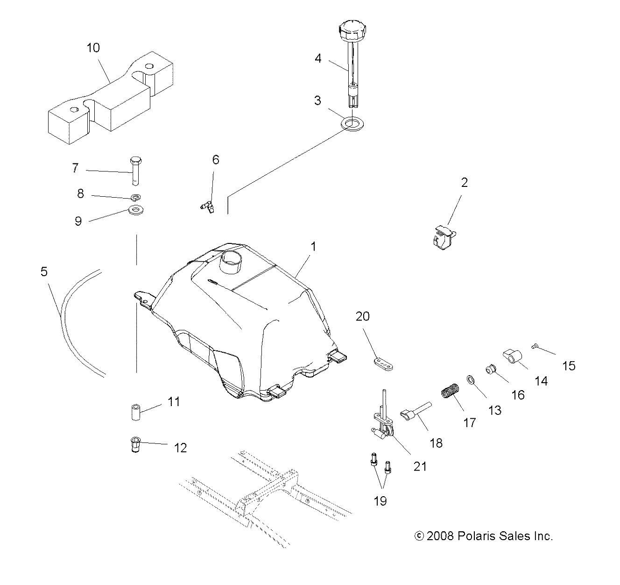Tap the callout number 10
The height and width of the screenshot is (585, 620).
coord(93,48)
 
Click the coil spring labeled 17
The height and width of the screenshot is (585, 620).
coord(451,391)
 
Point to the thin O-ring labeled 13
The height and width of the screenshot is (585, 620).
coord(471,380)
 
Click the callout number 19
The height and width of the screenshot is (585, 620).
coord(380,501)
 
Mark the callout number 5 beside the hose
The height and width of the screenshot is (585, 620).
coord(44,271)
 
